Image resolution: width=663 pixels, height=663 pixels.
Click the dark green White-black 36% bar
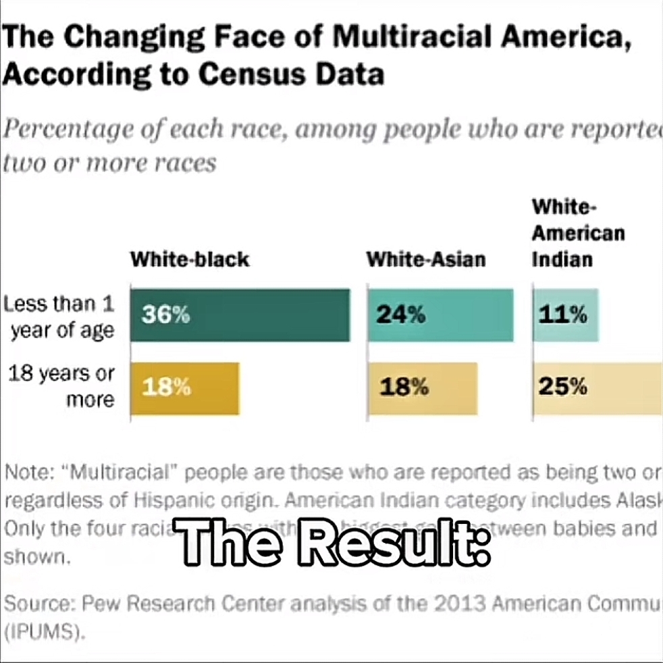point(240,315)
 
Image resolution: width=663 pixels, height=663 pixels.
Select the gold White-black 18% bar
point(184,388)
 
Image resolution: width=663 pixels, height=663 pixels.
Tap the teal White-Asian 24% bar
point(440,315)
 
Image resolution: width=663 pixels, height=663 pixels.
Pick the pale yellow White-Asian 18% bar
point(422,388)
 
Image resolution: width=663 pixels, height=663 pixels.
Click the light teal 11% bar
point(565,315)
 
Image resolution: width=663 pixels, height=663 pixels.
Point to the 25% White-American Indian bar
point(598,388)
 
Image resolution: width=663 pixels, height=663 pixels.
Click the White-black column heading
point(189,259)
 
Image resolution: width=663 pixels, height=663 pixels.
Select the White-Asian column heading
point(425,259)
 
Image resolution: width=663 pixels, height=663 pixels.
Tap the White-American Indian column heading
point(578,233)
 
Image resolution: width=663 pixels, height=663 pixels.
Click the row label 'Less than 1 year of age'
point(59,317)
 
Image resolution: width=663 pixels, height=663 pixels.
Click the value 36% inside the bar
point(165,315)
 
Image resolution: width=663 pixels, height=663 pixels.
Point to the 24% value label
point(402,315)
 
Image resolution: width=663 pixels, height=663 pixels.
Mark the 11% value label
point(562,315)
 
